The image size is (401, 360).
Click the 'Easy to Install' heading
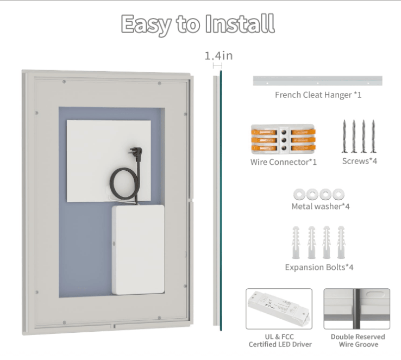point(198,24)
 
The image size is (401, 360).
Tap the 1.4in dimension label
point(218,56)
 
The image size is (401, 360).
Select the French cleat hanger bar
point(317,81)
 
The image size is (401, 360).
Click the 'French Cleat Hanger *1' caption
point(318,95)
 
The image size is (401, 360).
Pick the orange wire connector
point(283,139)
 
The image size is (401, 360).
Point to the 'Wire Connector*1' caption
point(283,162)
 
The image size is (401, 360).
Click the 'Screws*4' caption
point(360,161)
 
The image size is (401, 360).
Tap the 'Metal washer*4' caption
point(321,206)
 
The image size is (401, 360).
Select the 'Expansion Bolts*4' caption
point(319,268)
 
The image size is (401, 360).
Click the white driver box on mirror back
point(138,250)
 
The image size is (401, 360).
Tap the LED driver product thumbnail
point(279,309)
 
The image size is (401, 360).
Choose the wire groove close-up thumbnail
point(357,309)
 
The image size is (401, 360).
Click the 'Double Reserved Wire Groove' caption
point(358,340)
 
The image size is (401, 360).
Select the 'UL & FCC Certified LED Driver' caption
point(280,340)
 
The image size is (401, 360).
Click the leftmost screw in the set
point(344,136)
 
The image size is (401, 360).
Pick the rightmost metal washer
point(339,195)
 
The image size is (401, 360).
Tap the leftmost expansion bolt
point(296,243)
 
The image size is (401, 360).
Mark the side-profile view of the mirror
point(218,201)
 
